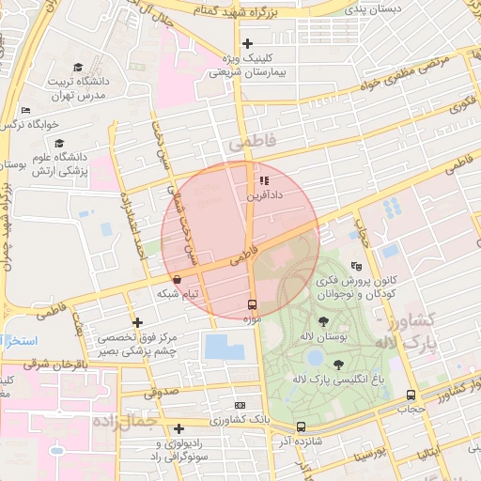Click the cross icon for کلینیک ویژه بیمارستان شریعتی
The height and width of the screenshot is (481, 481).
click(x=248, y=43)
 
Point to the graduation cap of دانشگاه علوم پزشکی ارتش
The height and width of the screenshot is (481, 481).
click(x=60, y=144)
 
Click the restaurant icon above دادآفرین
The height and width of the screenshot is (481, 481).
click(x=264, y=180)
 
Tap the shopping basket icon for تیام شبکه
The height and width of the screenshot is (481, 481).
click(x=178, y=279)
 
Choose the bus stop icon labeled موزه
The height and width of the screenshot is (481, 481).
click(x=251, y=304)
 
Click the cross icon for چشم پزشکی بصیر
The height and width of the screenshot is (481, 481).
click(x=138, y=323)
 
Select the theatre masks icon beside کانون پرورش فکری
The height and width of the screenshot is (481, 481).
click(x=355, y=266)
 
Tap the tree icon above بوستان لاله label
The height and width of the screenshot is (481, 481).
click(x=324, y=321)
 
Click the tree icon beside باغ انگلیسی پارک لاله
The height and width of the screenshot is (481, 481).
click(x=337, y=365)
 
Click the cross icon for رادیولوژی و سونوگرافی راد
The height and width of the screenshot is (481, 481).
click(x=178, y=428)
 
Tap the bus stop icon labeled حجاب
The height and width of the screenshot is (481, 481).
click(x=411, y=396)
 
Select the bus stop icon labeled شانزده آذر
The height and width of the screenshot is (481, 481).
click(x=301, y=427)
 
